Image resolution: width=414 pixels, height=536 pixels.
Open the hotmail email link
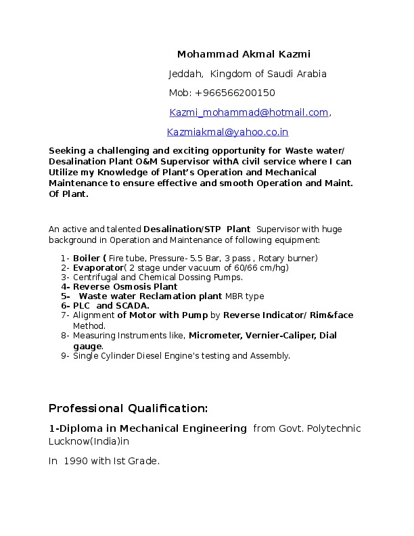point(249,112)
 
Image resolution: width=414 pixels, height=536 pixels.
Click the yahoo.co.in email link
point(228,132)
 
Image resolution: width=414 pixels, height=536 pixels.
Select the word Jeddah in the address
point(184,74)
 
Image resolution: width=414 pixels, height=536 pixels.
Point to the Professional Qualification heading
point(128,409)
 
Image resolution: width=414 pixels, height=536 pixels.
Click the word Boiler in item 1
point(86,259)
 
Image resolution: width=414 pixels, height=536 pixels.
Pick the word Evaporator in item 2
point(97,268)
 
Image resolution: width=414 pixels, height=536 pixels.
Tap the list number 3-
point(66,277)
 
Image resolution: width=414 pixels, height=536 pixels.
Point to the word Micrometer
point(215,335)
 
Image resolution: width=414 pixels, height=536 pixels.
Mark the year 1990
point(76,461)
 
